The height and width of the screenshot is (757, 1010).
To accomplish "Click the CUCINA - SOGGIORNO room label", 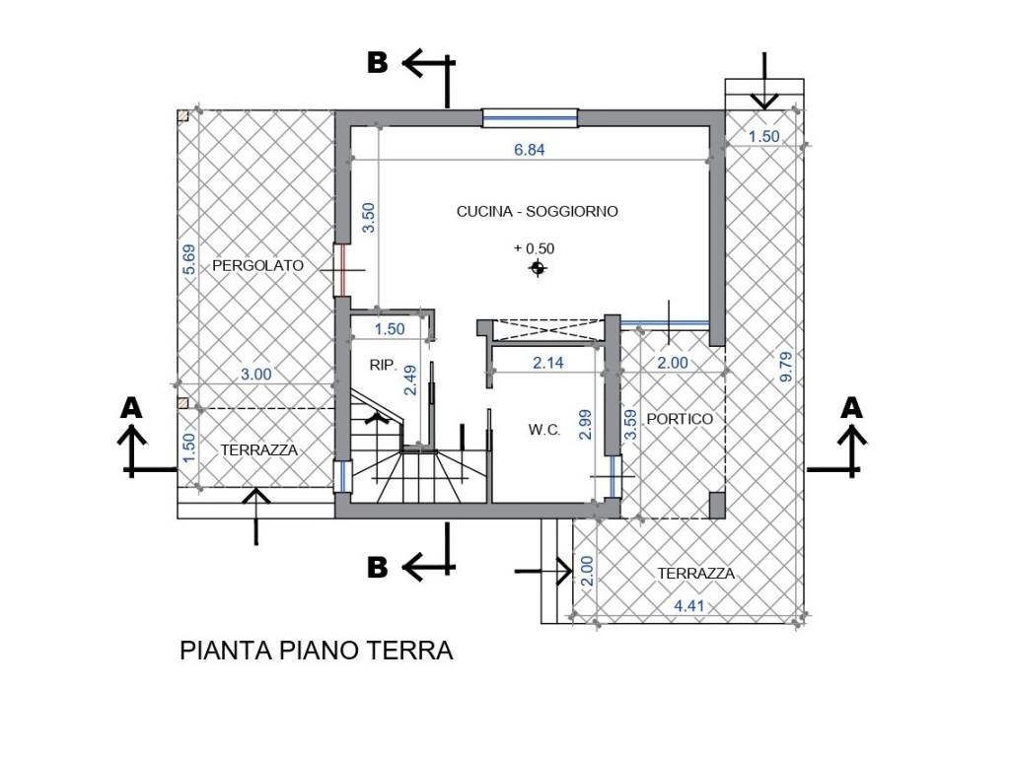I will [537, 211].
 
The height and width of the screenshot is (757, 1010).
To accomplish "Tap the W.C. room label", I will [544, 430].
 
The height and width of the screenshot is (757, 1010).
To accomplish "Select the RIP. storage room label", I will [383, 365].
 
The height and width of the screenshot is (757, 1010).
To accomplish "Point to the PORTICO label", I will [680, 419].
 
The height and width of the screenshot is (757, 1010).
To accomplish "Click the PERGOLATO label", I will [257, 265].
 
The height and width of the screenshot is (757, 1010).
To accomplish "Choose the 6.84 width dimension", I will [529, 150].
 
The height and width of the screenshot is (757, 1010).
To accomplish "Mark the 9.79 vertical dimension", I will [786, 366].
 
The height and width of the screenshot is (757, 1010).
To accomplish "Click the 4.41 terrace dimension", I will [689, 606].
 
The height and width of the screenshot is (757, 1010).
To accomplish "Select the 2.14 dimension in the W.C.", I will [548, 363].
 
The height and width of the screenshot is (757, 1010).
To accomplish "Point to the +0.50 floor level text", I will [534, 248].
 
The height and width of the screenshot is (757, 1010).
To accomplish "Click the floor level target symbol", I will [537, 268].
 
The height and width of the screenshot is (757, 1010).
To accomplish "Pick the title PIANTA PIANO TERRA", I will [317, 651].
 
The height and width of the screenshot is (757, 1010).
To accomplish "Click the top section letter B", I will [378, 63].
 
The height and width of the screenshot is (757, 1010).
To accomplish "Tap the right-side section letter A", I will [853, 406].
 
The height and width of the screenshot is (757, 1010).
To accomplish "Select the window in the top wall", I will [529, 117].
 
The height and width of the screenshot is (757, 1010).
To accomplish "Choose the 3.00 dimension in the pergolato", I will [257, 374].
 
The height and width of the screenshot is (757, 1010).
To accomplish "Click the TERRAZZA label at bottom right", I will [697, 574].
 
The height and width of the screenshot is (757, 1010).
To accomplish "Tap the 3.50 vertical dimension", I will [369, 218].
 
